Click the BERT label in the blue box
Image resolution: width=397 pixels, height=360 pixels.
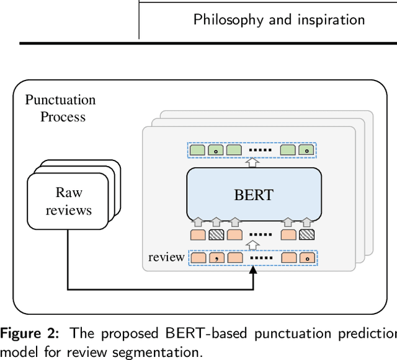tap(254, 195)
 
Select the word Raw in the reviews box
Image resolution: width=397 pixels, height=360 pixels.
tap(69, 192)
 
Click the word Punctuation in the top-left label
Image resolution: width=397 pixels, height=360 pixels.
tap(60, 100)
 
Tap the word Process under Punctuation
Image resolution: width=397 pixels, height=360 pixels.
tap(63, 116)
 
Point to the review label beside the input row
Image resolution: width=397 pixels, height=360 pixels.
tap(166, 257)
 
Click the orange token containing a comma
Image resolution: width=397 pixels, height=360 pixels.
tap(216, 257)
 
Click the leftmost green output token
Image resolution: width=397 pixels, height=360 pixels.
tap(198, 150)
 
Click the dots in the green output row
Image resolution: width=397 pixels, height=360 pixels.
tap(261, 150)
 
